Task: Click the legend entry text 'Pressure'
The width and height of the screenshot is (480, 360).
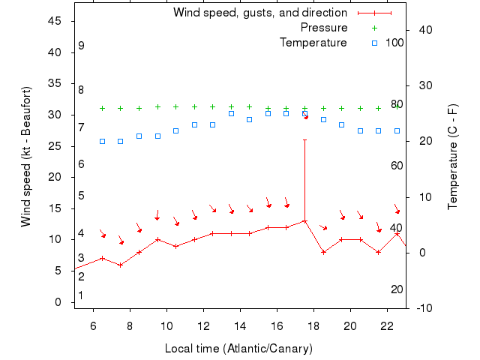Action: pyautogui.click(x=324, y=28)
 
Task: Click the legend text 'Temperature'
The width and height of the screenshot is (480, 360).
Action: pyautogui.click(x=313, y=43)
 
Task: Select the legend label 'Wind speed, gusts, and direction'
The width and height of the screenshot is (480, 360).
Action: pyautogui.click(x=260, y=13)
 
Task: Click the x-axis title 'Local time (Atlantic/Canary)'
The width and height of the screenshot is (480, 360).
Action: pyautogui.click(x=238, y=349)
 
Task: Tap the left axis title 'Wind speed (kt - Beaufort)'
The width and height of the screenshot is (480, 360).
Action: pyautogui.click(x=26, y=157)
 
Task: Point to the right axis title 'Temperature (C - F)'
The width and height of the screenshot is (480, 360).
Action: pyautogui.click(x=453, y=157)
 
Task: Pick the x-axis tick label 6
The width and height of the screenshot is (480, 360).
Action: pyautogui.click(x=93, y=325)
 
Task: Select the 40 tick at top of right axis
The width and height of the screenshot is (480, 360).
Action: pyautogui.click(x=421, y=30)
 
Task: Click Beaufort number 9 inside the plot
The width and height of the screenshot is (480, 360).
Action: pyautogui.click(x=81, y=46)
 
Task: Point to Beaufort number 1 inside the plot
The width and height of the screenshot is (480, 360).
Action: pyautogui.click(x=81, y=295)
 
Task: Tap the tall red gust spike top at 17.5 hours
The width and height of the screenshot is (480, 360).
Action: pyautogui.click(x=304, y=139)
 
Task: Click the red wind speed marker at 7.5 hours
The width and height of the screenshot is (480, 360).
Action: pyautogui.click(x=120, y=265)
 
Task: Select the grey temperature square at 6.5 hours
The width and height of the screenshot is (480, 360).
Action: pyautogui.click(x=102, y=141)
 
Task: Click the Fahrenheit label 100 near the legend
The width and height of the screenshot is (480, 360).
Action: pyautogui.click(x=394, y=43)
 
